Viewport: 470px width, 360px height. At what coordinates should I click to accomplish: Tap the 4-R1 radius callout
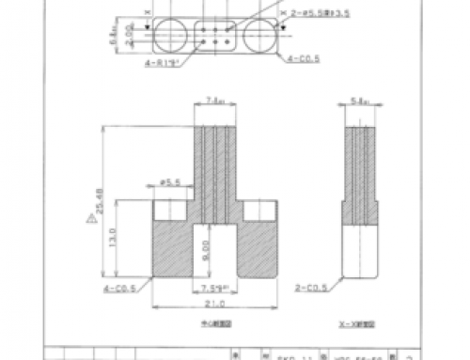pyautogui.click(x=163, y=64)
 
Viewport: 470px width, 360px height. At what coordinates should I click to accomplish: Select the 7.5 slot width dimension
pyautogui.click(x=215, y=289)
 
